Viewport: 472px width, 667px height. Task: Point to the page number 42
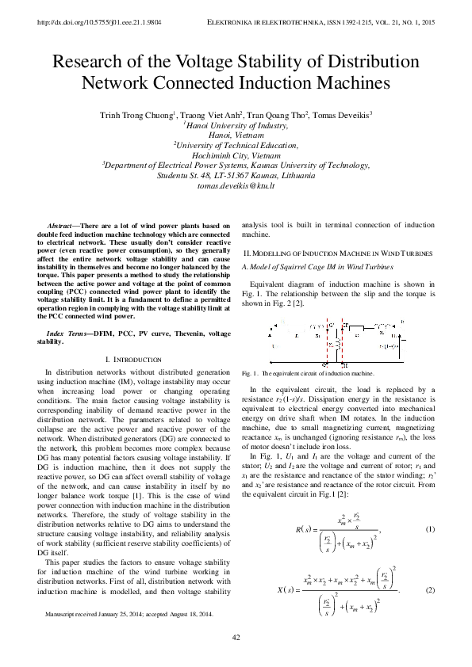pyautogui.click(x=236, y=638)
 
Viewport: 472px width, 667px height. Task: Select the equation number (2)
pyautogui.click(x=430, y=590)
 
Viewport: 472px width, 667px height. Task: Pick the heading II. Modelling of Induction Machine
pyautogui.click(x=337, y=253)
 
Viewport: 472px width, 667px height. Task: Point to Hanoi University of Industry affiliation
pyautogui.click(x=236, y=125)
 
